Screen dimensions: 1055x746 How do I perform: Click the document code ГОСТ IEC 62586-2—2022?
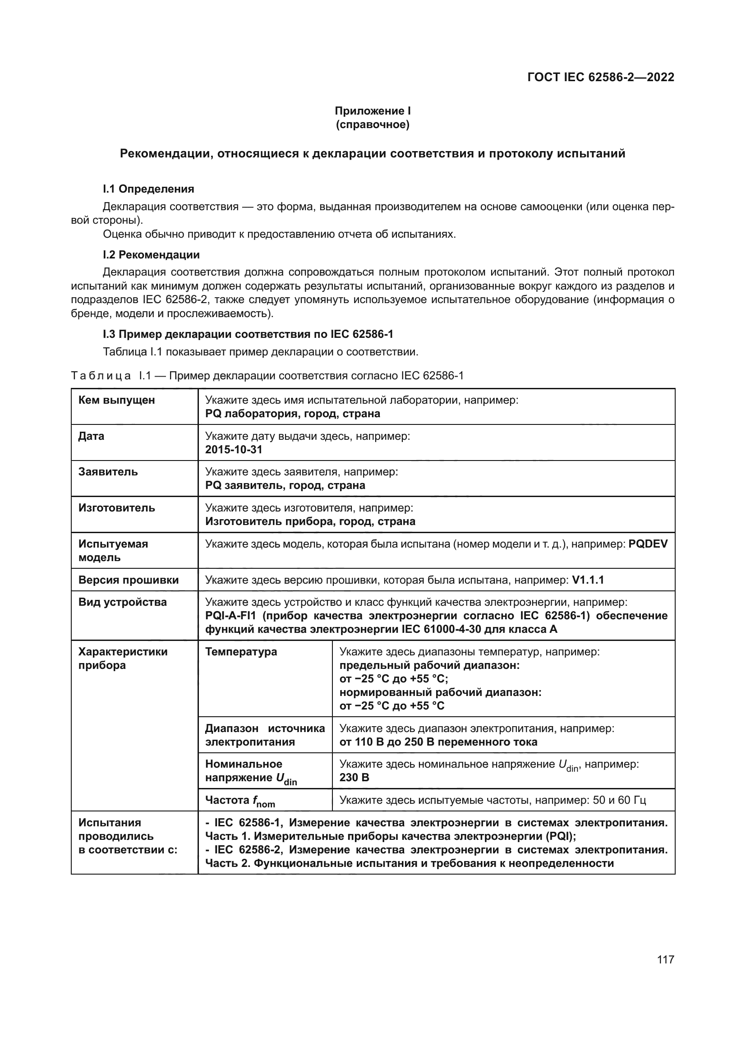tap(600, 77)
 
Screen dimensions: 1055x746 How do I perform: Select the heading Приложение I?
tap(373, 111)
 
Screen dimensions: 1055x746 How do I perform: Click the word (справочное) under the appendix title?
tap(373, 124)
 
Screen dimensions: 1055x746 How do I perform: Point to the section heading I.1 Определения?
tap(148, 189)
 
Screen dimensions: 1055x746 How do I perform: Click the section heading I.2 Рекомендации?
tap(151, 254)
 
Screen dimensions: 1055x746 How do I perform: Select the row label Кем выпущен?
tap(117, 400)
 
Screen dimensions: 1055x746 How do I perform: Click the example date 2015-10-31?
tap(233, 449)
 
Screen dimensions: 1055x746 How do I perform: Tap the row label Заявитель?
tap(108, 472)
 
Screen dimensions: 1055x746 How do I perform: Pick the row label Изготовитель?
tap(117, 508)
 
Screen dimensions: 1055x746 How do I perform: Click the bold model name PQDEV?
tap(648, 544)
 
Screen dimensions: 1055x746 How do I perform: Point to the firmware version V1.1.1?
tap(588, 580)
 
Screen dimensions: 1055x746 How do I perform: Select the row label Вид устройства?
tap(122, 602)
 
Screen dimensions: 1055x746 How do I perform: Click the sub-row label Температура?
tap(241, 652)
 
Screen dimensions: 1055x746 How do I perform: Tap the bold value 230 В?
tap(354, 778)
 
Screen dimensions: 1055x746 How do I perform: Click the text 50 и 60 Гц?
tap(619, 800)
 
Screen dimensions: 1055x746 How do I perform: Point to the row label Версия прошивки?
tap(128, 580)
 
